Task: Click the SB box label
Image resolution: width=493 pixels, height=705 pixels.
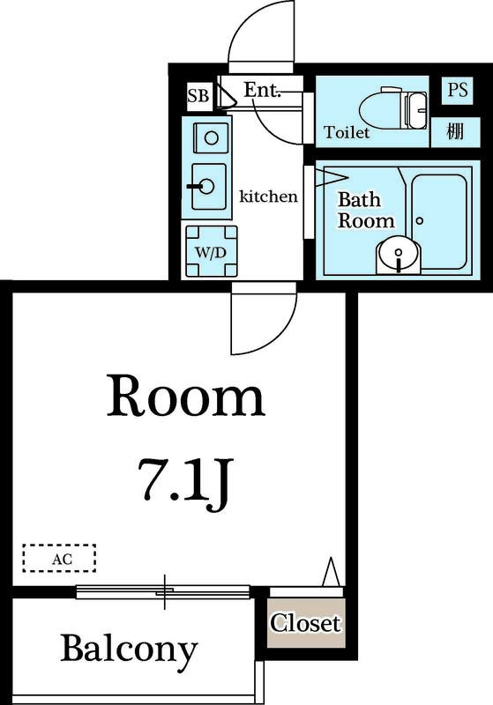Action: (x=198, y=96)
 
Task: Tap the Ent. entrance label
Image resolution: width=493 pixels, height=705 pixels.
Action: (x=262, y=90)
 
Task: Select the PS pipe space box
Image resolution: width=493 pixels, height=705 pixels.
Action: (x=458, y=91)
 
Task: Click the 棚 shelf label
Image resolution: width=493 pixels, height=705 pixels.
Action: (x=455, y=131)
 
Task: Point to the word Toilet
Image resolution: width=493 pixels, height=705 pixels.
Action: (x=347, y=132)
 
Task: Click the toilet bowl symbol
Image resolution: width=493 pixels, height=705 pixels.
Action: (x=393, y=108)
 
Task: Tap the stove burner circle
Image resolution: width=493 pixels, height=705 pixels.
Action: (x=212, y=137)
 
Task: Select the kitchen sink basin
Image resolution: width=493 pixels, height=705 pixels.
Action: (x=209, y=187)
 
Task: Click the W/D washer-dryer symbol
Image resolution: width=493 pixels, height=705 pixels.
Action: (x=212, y=251)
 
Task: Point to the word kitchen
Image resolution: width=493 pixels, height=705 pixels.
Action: (x=268, y=197)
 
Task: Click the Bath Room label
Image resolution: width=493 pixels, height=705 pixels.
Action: (x=366, y=210)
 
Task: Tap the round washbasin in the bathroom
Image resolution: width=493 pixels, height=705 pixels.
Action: (x=398, y=255)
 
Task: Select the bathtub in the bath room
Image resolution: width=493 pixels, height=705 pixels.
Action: (x=439, y=222)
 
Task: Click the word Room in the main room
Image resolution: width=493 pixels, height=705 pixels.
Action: (x=186, y=396)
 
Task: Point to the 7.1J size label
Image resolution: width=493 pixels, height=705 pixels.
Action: (x=186, y=485)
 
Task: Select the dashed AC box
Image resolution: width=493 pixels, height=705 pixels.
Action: (x=59, y=559)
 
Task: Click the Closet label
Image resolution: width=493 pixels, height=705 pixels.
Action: (x=305, y=623)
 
